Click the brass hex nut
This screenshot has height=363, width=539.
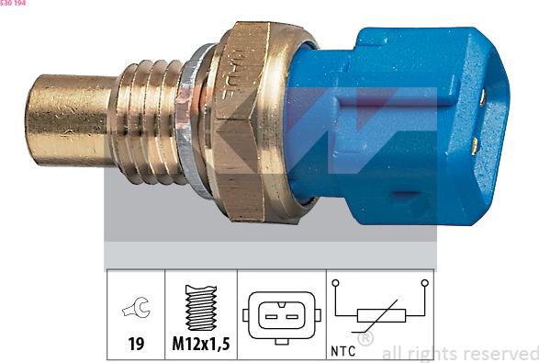[246, 119]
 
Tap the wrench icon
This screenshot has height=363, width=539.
[135, 311]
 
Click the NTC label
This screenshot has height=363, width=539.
[342, 351]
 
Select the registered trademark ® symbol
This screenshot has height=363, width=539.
[365, 339]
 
